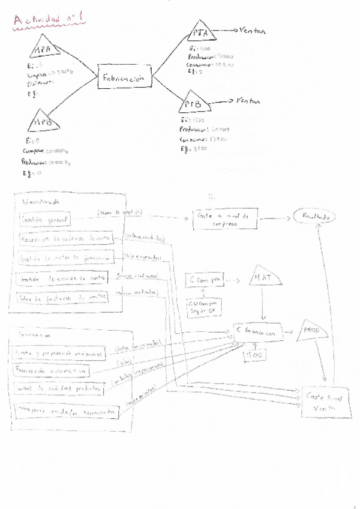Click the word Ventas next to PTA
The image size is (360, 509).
click(252, 30)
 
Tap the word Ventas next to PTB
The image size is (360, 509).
click(248, 101)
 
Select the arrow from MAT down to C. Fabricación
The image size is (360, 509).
click(263, 309)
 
